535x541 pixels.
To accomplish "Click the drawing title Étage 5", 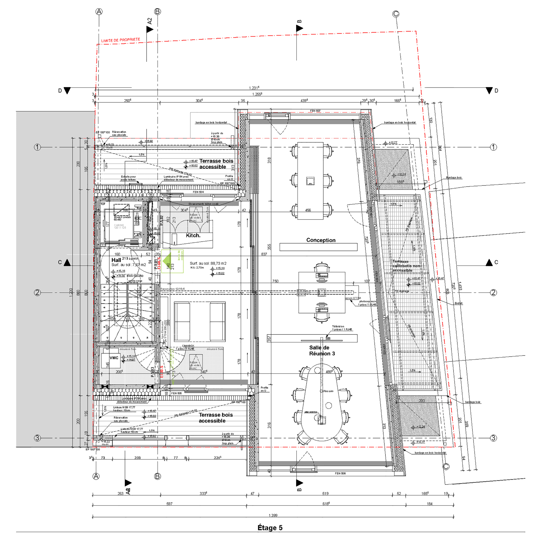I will coord(270,528).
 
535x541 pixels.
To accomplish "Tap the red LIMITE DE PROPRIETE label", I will coord(120,40).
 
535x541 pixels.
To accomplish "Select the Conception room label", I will coord(321,240).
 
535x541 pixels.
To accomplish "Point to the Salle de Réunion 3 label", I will coord(322,350).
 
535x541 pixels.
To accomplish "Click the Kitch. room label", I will coord(193,235).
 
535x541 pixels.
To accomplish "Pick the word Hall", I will coord(116,260).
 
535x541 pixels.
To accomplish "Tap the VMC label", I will coord(114,357).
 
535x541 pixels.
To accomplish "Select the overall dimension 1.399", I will coord(273,515).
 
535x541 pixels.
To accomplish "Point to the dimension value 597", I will coord(169,504).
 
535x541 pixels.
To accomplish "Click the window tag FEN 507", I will coord(315,111).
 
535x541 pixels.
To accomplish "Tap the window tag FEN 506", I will coord(340,473).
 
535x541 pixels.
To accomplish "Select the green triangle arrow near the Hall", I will coord(167,258).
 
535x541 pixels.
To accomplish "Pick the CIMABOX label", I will coord(188,346).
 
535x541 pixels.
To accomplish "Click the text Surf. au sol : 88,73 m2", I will coord(208,263).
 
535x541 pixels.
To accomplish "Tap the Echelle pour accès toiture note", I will coord(128,178).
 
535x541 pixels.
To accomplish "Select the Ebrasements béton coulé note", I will coord(203,204).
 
